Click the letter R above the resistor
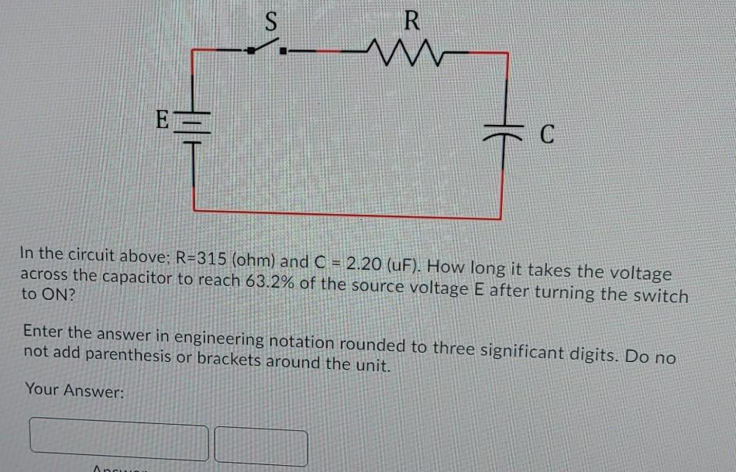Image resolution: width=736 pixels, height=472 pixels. [411, 21]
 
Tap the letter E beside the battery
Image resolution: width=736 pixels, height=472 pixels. [161, 120]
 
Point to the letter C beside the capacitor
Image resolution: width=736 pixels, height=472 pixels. [547, 136]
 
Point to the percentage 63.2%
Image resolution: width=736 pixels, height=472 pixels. [269, 281]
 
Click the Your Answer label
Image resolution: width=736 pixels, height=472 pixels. [74, 391]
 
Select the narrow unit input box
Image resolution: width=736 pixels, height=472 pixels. [260, 446]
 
